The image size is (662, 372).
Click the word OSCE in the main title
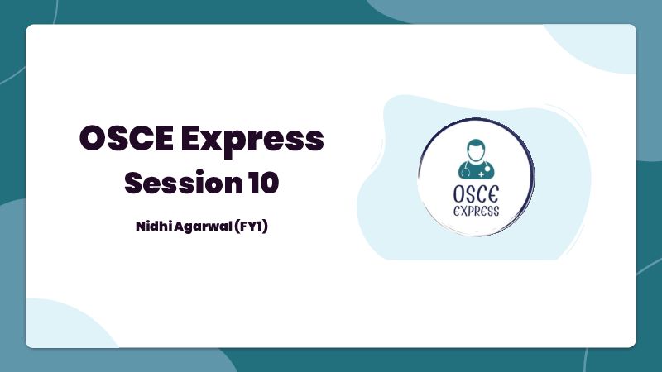tap(127, 138)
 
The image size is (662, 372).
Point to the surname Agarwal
tap(203, 227)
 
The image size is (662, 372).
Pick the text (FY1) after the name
tap(251, 227)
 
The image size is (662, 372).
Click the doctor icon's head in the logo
tap(476, 150)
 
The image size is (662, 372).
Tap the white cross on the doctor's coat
tap(482, 174)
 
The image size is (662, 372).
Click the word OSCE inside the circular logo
tap(476, 194)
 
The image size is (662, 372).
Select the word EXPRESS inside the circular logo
tap(477, 211)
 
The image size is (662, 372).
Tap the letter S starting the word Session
tap(133, 183)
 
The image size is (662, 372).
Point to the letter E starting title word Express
tap(191, 138)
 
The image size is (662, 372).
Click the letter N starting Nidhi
tap(141, 227)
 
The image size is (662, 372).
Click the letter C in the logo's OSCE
tap(482, 194)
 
